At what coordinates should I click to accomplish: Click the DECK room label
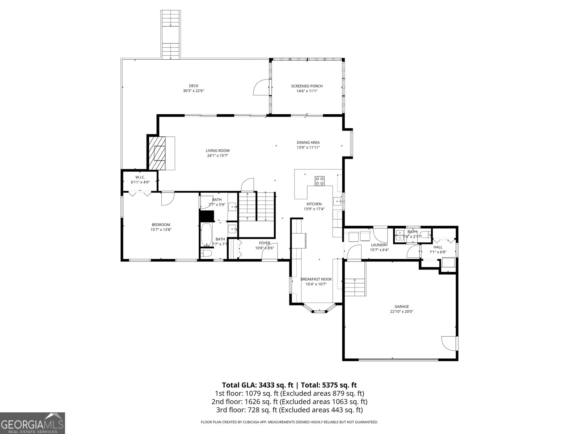tap(193, 86)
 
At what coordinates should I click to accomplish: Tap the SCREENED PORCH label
tap(307, 86)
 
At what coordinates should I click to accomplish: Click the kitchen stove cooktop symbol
tap(319, 180)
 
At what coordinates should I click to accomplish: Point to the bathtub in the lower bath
tap(207, 235)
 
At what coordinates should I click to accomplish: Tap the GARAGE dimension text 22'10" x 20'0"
tap(401, 311)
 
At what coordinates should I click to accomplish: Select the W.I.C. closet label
tap(140, 177)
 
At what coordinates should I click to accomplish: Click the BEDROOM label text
tap(161, 225)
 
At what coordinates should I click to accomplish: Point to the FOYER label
tap(264, 243)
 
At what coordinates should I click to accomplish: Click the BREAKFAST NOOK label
tap(316, 279)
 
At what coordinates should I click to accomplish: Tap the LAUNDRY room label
tap(379, 245)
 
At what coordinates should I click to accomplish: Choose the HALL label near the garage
tap(438, 247)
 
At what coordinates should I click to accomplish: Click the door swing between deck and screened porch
tap(261, 88)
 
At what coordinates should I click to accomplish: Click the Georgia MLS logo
tap(32, 423)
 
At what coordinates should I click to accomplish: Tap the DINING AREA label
tap(308, 142)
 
